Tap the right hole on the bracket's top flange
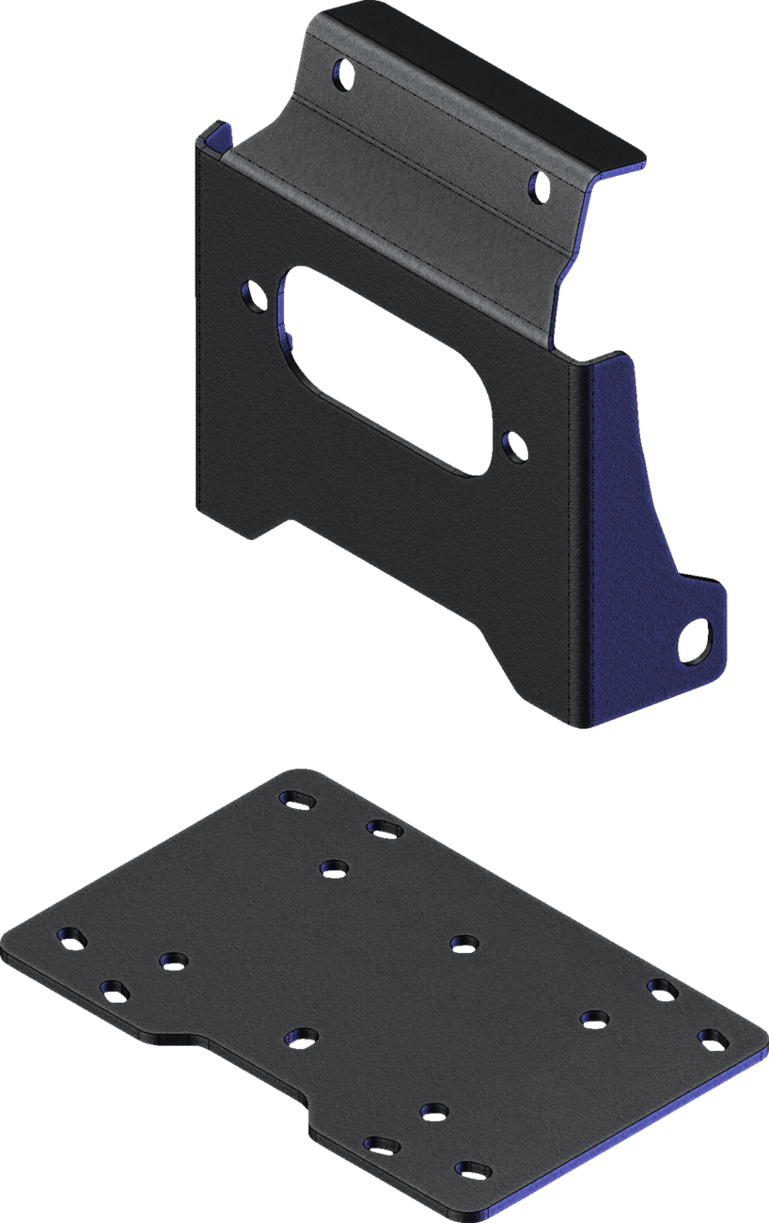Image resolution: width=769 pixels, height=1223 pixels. (539, 186)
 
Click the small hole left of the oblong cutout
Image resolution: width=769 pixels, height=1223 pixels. (253, 294)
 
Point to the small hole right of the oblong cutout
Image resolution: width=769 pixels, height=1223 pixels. (513, 446)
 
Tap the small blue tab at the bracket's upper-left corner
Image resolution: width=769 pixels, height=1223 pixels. (213, 131)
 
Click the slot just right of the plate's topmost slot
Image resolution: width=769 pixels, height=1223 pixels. (384, 828)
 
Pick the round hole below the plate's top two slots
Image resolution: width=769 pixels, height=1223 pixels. (333, 866)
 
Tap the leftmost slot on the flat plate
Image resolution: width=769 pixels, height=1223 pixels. (71, 936)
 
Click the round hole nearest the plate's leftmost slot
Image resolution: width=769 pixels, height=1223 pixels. (172, 961)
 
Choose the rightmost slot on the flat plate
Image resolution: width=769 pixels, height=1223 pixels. (713, 1039)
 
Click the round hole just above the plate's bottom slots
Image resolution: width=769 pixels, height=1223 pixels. (432, 1111)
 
